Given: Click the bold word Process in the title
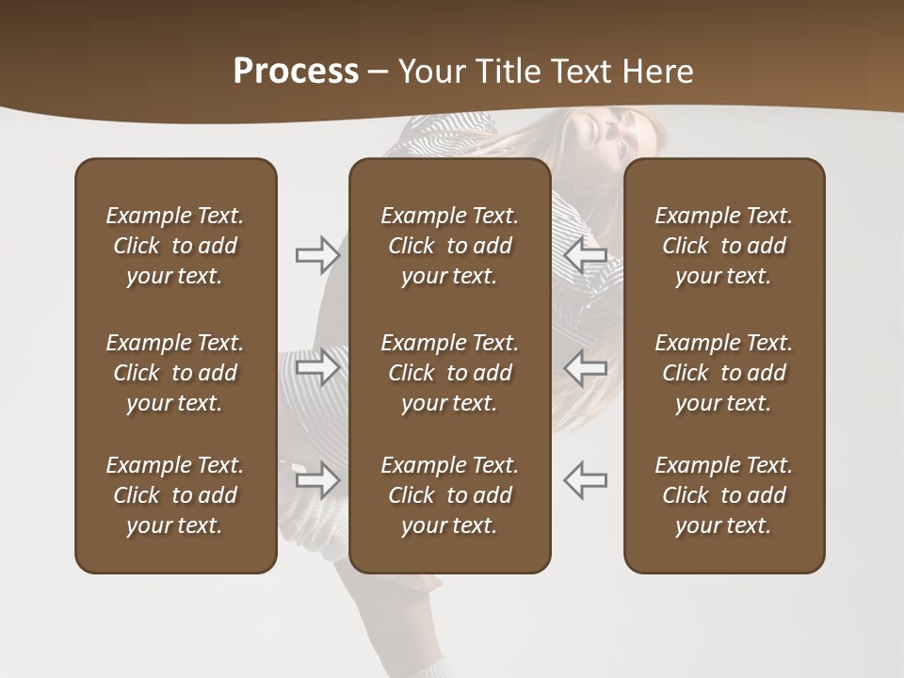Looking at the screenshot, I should (x=296, y=72).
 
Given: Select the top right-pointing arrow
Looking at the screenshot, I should (x=317, y=255).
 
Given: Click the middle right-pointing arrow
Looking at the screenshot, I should (x=317, y=367).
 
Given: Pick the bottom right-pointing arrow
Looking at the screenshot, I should (x=317, y=480).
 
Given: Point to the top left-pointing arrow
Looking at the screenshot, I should (x=585, y=255).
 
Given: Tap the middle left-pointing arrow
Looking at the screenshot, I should (x=585, y=367).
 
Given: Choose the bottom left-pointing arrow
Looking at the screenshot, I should (x=585, y=480).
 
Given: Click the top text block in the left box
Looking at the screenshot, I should (x=175, y=246).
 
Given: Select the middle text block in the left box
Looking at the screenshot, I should (x=175, y=373).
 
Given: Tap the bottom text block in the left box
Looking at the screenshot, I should (x=175, y=495).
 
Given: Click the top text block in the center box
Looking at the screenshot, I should (x=449, y=246).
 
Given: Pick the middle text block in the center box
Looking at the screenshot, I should (x=449, y=373).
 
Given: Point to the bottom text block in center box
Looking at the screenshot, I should (x=449, y=495).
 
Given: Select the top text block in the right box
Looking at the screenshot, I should (x=723, y=246).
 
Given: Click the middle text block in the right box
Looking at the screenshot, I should (x=723, y=373).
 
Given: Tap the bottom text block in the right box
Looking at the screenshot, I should (x=723, y=495).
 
